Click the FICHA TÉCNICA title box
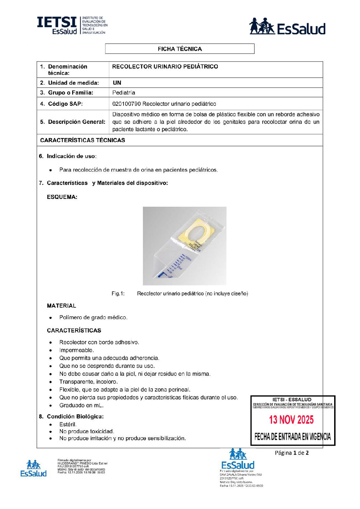(180, 49)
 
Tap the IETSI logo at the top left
(72, 26)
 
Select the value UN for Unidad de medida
(117, 83)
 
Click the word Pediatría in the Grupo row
(124, 93)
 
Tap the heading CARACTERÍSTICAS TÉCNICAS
(82, 140)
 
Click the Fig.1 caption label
(118, 294)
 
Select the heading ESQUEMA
(62, 197)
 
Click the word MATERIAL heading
(61, 306)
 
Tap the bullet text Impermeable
(77, 351)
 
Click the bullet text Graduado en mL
(81, 406)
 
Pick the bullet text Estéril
(68, 425)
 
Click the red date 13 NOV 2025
(291, 420)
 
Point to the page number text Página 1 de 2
(292, 453)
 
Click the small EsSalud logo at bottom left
(33, 469)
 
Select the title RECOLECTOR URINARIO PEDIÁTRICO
(165, 67)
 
